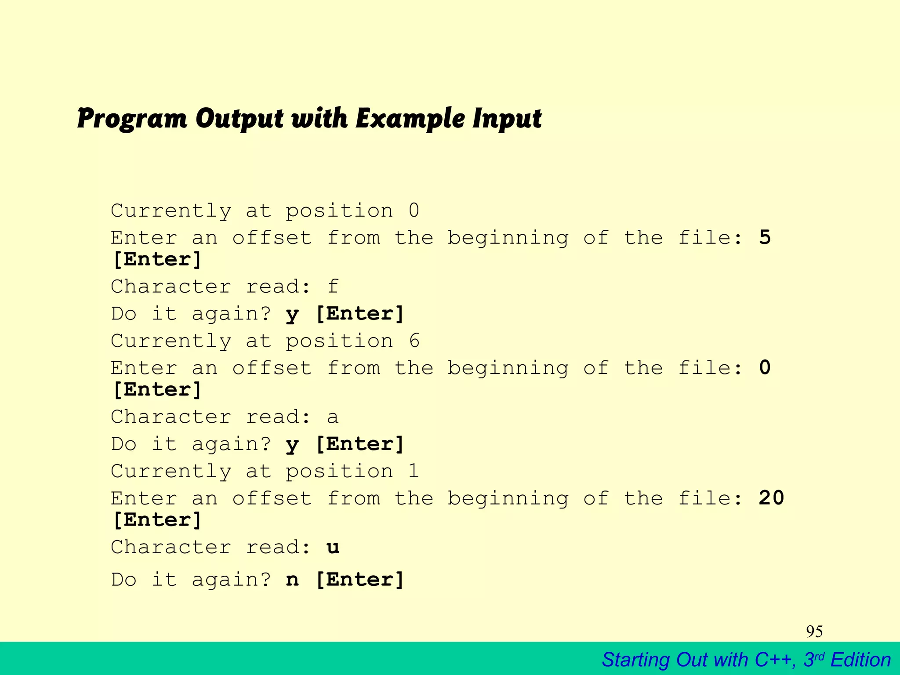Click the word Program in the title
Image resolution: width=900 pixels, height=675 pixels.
point(132,119)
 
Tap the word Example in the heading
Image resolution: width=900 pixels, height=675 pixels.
point(410,119)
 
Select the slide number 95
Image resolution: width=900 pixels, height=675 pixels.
point(814,631)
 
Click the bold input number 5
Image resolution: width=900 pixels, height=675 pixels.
point(765,237)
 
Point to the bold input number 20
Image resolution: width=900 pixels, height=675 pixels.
point(771,498)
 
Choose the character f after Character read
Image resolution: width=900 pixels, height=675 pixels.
point(333,287)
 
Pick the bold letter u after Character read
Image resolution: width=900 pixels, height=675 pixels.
point(333,548)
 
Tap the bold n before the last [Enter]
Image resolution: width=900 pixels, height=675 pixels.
point(292,580)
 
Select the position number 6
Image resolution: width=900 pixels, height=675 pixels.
point(414,341)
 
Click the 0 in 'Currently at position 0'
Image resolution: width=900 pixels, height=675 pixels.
point(414,211)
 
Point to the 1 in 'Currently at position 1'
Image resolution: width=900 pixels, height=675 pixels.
point(414,471)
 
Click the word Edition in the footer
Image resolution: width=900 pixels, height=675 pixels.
point(860,660)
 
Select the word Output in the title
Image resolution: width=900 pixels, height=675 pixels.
point(240,119)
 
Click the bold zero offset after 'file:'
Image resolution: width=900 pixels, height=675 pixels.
point(765,368)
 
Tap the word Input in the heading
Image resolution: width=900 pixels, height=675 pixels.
point(507,119)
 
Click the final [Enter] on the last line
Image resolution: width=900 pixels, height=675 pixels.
point(360,580)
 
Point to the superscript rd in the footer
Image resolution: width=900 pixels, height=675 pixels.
point(820,656)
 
